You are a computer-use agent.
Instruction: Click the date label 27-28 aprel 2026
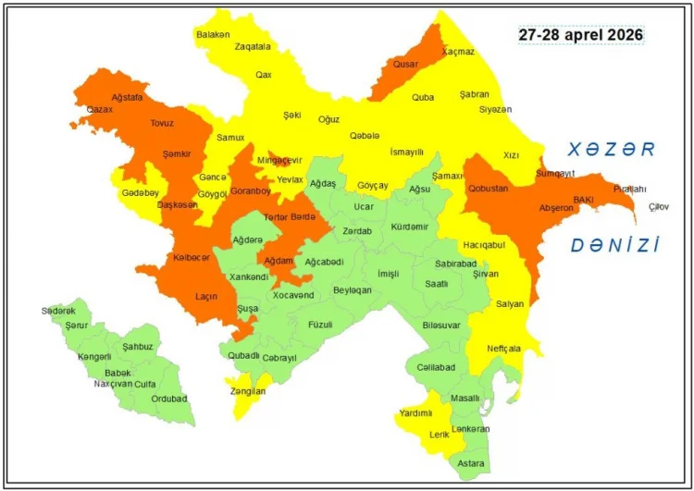click(x=580, y=34)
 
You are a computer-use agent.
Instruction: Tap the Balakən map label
click(x=213, y=34)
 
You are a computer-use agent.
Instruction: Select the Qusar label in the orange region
click(x=405, y=65)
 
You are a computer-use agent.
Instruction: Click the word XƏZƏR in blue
click(x=612, y=149)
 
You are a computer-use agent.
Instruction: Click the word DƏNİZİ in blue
click(x=614, y=245)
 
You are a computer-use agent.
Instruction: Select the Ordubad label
click(x=169, y=399)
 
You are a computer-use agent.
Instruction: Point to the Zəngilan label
click(x=249, y=392)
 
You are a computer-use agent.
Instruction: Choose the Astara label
click(x=470, y=462)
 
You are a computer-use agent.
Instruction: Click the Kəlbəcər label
click(x=192, y=258)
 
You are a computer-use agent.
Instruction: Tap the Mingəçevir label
click(x=279, y=160)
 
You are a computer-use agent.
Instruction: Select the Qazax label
click(x=99, y=109)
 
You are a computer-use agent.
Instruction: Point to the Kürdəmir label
click(x=410, y=227)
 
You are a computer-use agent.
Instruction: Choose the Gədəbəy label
click(x=141, y=192)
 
